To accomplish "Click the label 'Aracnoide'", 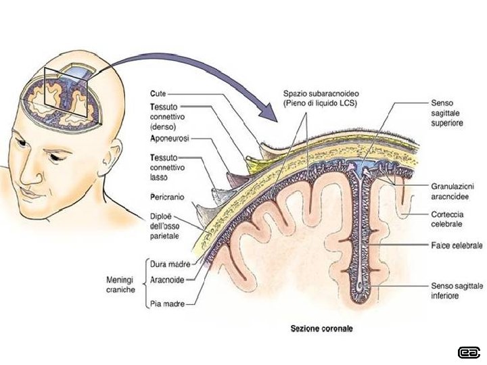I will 169,278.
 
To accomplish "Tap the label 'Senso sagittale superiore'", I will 446,116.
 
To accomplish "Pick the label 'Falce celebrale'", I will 456,245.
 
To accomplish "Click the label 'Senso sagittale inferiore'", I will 457,291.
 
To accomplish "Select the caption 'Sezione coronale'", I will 322,329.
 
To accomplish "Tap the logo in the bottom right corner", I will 467,351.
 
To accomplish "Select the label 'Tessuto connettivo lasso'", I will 168,167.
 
